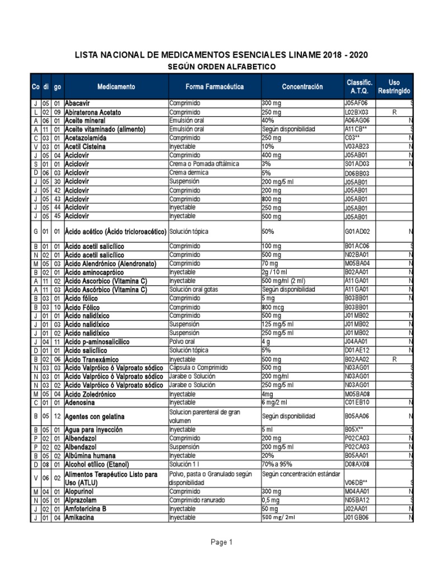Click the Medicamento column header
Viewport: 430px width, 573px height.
[116, 87]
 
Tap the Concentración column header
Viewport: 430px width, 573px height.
[302, 87]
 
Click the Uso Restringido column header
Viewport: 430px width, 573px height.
[394, 87]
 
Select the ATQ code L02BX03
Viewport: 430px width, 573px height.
[356, 112]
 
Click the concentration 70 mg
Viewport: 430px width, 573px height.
[270, 264]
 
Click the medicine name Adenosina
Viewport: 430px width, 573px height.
[80, 402]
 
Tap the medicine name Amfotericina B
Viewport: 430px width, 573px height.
[86, 509]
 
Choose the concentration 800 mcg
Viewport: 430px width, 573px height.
[273, 307]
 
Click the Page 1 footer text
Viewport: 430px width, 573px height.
[222, 542]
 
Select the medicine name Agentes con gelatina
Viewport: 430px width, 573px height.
[95, 417]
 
